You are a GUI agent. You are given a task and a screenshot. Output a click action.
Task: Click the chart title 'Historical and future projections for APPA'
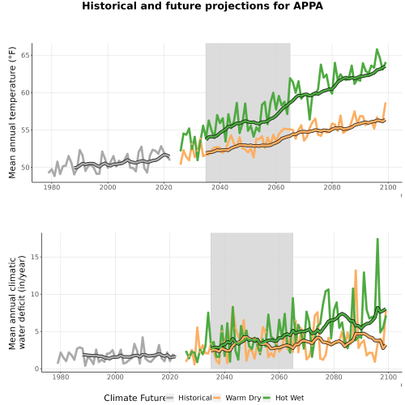pyautogui.click(x=202, y=6)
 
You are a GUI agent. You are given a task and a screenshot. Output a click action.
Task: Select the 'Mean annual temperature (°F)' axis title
pyautogui.click(x=12, y=113)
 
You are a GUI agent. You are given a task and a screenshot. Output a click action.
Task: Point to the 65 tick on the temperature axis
pyautogui.click(x=26, y=55)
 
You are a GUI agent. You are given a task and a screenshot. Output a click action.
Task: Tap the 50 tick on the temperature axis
pyautogui.click(x=26, y=168)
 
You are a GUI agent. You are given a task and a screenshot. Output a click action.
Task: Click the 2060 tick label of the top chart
pyautogui.click(x=276, y=187)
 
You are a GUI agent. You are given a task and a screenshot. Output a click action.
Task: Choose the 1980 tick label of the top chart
pyautogui.click(x=52, y=187)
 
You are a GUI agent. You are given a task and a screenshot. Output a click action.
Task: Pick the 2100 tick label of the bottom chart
pyautogui.click(x=388, y=377)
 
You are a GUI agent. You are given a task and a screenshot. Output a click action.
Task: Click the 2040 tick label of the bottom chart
pyautogui.click(x=224, y=377)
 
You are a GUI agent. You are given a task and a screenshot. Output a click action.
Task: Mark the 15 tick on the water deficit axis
pyautogui.click(x=35, y=257)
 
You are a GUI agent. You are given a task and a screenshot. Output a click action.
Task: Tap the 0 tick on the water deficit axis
pyautogui.click(x=37, y=369)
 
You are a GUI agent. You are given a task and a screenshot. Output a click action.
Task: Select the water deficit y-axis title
pyautogui.click(x=17, y=302)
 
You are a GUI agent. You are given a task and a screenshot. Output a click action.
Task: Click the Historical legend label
pyautogui.click(x=195, y=398)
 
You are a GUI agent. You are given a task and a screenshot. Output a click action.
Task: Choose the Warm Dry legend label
pyautogui.click(x=243, y=399)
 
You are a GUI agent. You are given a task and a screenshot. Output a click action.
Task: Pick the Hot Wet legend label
pyautogui.click(x=290, y=398)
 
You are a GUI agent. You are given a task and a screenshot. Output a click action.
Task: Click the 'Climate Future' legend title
pyautogui.click(x=135, y=398)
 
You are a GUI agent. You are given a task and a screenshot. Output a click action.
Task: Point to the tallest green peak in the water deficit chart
pyautogui.click(x=377, y=239)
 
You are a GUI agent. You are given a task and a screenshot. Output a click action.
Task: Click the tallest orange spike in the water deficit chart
pyautogui.click(x=356, y=271)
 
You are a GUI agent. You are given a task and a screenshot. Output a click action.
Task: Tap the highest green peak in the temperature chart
pyautogui.click(x=377, y=49)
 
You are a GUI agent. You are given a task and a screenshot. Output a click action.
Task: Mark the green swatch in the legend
pyautogui.click(x=266, y=398)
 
